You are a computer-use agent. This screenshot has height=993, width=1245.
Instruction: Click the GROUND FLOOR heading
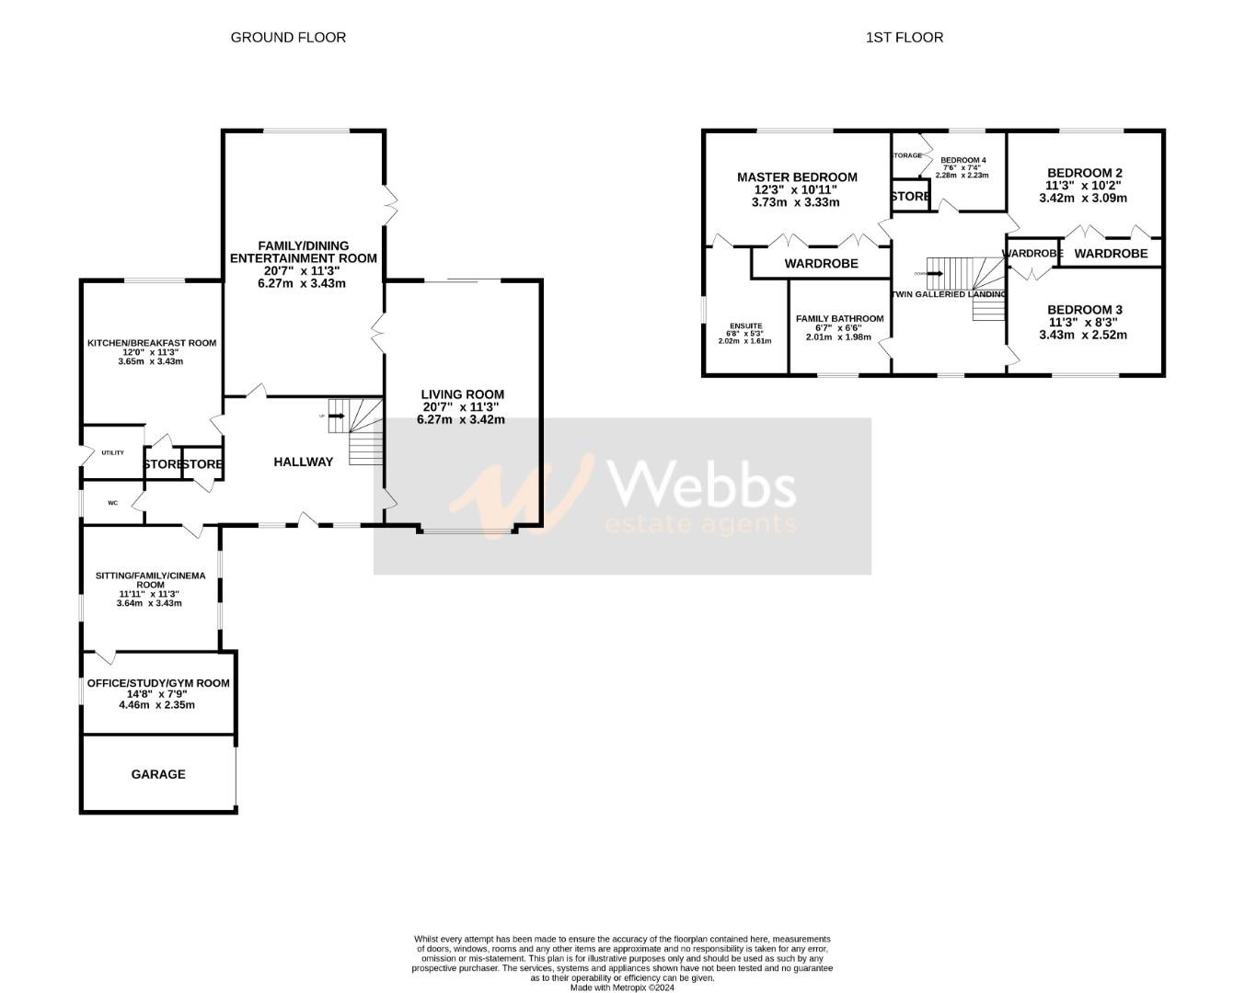coord(288,38)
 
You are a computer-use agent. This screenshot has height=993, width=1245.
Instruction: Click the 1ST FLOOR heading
coord(904,38)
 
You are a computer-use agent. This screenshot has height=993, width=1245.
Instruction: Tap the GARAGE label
coord(158,774)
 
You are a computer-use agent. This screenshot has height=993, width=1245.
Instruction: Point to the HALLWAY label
coord(303,462)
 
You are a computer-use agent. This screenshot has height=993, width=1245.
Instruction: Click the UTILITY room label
coord(112,452)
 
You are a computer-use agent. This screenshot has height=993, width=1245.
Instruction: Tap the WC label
coord(113,503)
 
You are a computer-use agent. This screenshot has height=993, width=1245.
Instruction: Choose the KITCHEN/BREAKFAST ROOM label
coord(152,343)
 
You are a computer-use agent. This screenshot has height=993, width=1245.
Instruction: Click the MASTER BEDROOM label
coord(797,177)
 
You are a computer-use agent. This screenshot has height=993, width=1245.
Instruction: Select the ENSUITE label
coord(745,325)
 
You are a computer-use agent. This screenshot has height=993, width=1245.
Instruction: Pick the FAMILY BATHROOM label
coord(839,319)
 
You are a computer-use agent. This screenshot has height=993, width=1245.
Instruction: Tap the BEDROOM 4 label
coord(963,159)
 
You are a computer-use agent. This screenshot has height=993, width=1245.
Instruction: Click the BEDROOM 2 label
coord(1085,173)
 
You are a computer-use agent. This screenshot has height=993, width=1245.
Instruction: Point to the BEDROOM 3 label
coord(1085,310)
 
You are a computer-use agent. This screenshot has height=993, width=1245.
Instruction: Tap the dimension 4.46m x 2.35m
coord(156,705)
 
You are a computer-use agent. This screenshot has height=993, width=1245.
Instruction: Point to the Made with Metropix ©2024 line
coord(622,988)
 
